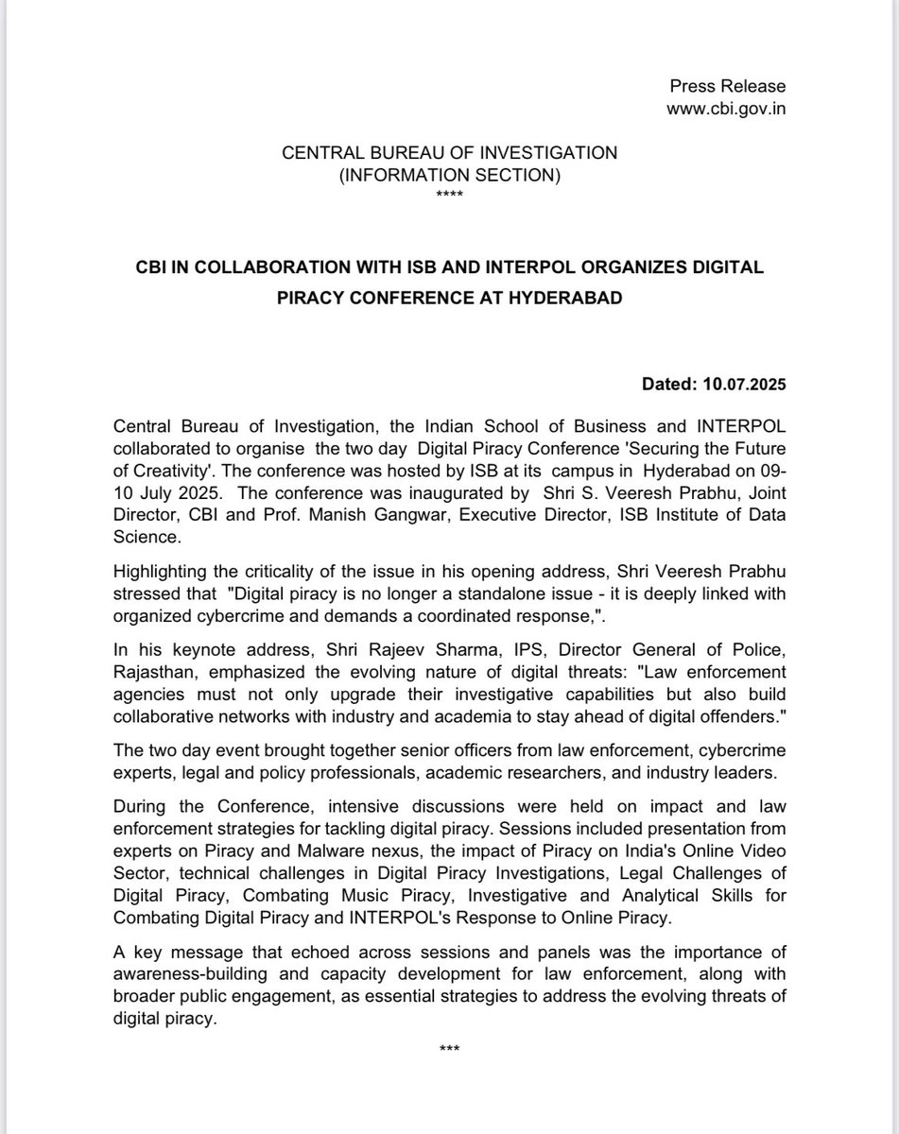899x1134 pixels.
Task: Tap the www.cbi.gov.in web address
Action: pyautogui.click(x=726, y=109)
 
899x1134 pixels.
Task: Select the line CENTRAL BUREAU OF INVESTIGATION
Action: pyautogui.click(x=450, y=153)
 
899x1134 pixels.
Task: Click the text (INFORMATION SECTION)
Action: pyautogui.click(x=450, y=175)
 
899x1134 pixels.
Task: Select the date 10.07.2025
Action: pyautogui.click(x=743, y=386)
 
